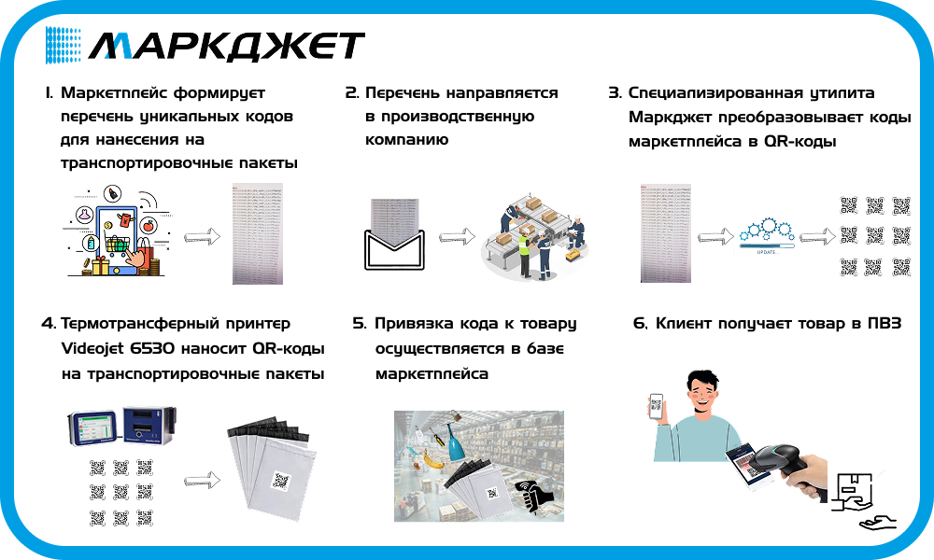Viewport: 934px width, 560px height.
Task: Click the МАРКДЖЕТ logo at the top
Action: tap(205, 45)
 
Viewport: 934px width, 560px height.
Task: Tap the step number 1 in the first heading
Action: tap(48, 93)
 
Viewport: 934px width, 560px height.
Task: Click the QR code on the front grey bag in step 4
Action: tap(280, 479)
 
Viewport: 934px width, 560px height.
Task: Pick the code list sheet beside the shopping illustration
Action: tap(257, 233)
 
